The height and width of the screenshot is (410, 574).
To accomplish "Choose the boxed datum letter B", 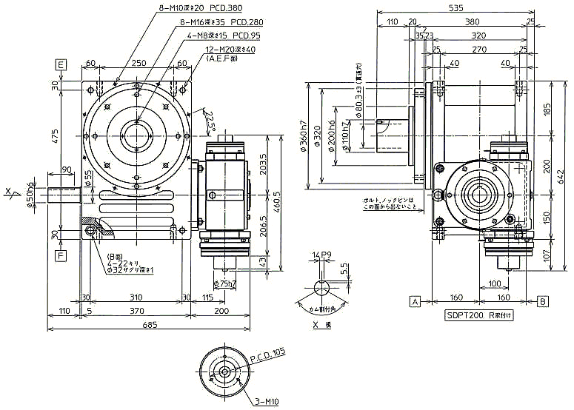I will tap(543, 301).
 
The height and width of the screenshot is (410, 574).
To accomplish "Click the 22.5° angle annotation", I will tap(210, 119).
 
